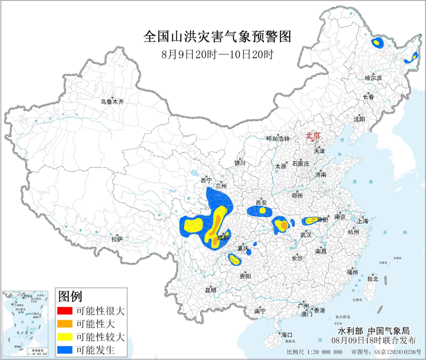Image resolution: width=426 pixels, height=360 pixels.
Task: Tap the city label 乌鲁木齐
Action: pos(112,102)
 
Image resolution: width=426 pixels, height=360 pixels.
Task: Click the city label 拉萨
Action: pos(117,239)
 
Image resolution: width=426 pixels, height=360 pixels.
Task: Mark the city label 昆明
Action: pos(211,290)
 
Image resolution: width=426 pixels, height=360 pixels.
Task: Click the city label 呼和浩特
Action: pos(278,138)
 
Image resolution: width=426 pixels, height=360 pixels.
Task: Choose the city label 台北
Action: pos(372,279)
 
